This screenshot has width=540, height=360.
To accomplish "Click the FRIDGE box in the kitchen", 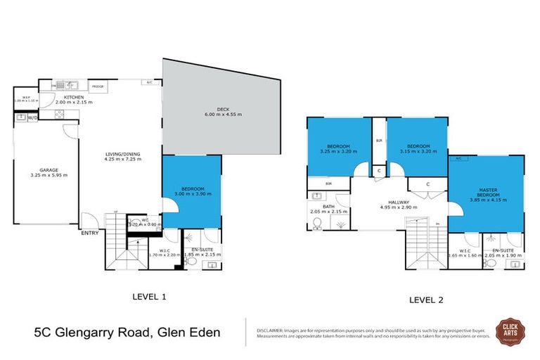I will coord(98,86).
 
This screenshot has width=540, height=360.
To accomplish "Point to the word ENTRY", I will coord(89,233).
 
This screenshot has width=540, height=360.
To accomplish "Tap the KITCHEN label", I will coord(74,97).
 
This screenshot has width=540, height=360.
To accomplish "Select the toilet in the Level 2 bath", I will coord(317,224).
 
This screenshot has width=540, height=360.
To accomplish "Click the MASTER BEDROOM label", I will coord(487,191).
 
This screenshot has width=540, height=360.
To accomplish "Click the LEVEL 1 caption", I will coord(149,296).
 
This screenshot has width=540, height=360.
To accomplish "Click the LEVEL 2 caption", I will coord(426,300).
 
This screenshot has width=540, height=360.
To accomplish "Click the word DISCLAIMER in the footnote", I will coord(269,328).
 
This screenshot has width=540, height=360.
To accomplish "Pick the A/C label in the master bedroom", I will coord(457,158).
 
